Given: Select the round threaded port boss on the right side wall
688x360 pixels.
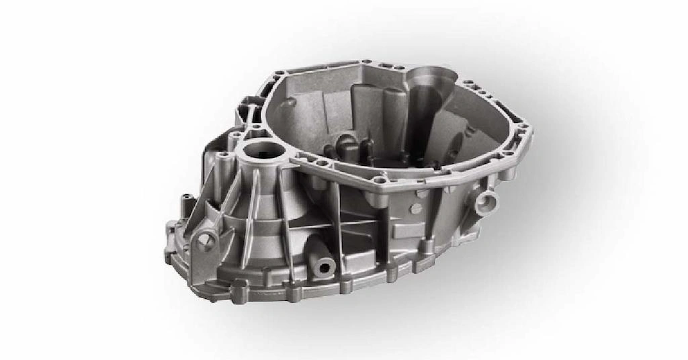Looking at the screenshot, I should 486,200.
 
